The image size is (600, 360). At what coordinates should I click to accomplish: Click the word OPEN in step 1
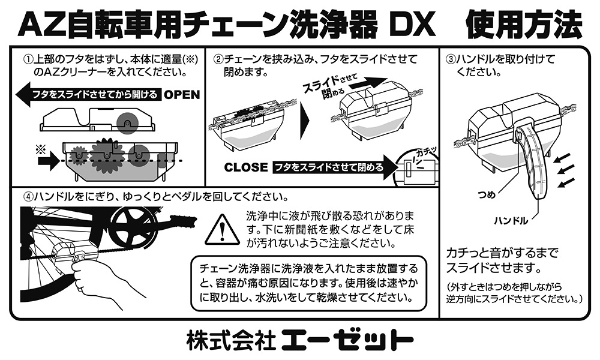click(x=182, y=95)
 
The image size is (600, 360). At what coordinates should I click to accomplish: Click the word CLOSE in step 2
click(x=245, y=167)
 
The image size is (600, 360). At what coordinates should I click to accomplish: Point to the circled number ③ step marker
click(x=451, y=60)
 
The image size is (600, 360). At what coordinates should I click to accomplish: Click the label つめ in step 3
click(x=487, y=195)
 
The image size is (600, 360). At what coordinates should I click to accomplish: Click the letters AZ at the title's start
click(x=39, y=25)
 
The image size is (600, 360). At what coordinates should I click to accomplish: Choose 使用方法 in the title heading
click(x=523, y=25)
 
